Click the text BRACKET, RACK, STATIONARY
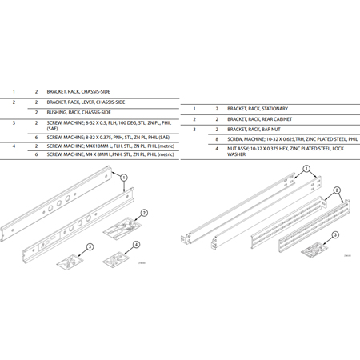point(257,108)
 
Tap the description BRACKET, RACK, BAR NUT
point(254,129)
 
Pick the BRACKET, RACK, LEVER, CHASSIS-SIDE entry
point(86,102)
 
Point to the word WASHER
point(236,154)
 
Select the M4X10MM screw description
point(110,146)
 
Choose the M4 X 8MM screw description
point(110,154)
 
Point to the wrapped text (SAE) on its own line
point(53,129)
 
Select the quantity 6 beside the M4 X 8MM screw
point(36,154)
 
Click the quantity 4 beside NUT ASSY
point(217,148)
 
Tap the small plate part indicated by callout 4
point(116,258)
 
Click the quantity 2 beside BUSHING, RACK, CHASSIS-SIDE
point(36,113)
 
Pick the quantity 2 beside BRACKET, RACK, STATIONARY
point(217,108)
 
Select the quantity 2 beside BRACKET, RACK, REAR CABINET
point(217,118)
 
